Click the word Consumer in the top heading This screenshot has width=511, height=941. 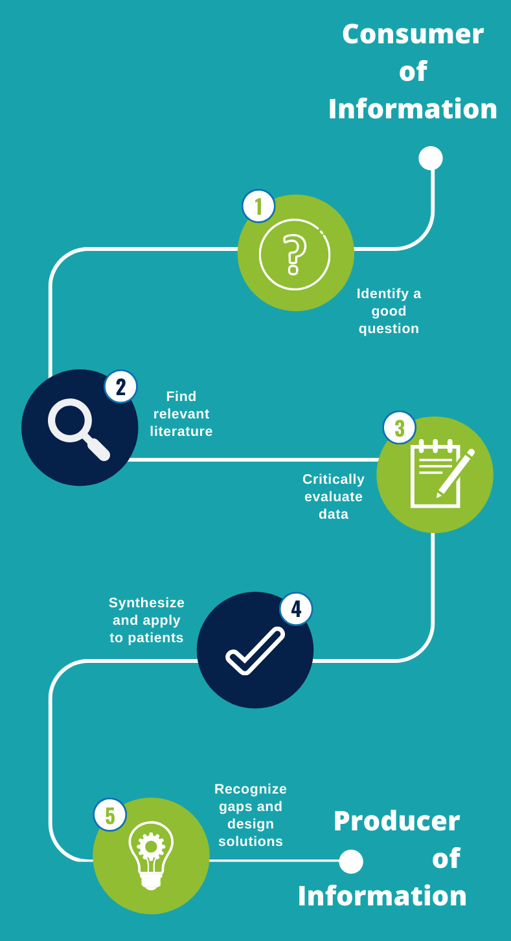coord(413,34)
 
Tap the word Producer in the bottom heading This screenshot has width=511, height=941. coord(396,821)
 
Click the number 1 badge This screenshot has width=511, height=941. coord(258,206)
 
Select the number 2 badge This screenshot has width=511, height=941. coord(120,387)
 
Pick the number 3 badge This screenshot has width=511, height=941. coord(400,427)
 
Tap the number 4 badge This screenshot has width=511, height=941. coord(296,609)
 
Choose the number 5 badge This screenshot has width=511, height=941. coord(110,815)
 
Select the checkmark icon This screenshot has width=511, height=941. coord(255,651)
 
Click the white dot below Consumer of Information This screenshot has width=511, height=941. coord(431,158)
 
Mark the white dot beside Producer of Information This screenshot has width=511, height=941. coord(351,861)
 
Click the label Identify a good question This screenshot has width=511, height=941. coord(389,311)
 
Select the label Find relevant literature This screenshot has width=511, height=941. coord(181,414)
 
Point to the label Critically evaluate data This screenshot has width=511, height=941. coord(334,497)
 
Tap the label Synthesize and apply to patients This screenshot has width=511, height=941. coord(147,620)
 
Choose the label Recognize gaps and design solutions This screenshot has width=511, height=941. coord(251,815)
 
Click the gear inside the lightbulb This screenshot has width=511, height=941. coord(151,846)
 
